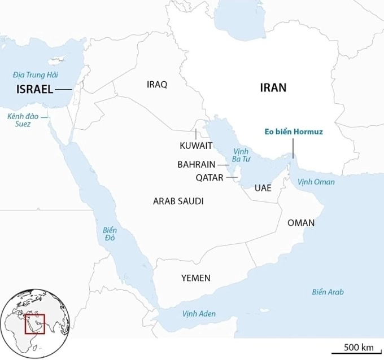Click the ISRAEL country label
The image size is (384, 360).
35,89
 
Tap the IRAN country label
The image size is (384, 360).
273,87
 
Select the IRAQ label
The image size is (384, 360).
157,84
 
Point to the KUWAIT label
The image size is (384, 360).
196,146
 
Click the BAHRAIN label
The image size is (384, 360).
196,165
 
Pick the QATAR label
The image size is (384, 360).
210,177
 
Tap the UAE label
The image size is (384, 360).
263,188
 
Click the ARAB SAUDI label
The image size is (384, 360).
178,201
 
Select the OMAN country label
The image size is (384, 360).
301,223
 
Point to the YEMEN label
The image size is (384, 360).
195,278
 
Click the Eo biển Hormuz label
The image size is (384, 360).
293,131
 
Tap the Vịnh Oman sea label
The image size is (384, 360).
316,182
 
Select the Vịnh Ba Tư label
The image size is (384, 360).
241,155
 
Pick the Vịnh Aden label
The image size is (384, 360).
199,313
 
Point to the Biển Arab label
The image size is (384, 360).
328,292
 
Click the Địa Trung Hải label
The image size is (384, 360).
36,74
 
